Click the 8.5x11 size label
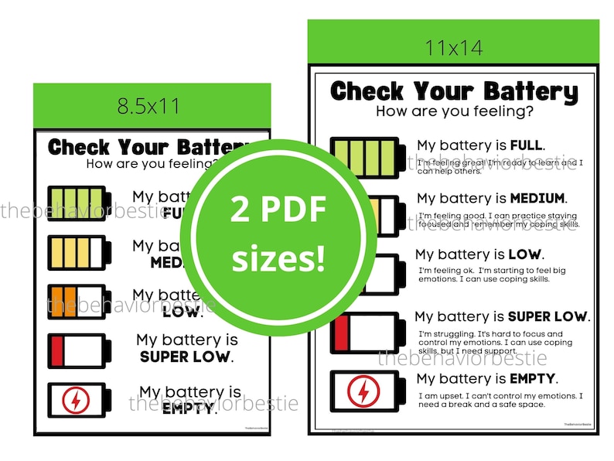click(148, 106)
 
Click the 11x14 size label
click(454, 47)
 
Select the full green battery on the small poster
click(80, 204)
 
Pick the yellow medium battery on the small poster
click(80, 252)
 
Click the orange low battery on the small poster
click(80, 301)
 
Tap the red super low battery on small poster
click(80, 350)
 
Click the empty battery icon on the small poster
click(80, 400)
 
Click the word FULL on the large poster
click(527, 145)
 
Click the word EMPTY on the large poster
click(533, 379)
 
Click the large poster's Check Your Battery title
click(454, 91)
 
